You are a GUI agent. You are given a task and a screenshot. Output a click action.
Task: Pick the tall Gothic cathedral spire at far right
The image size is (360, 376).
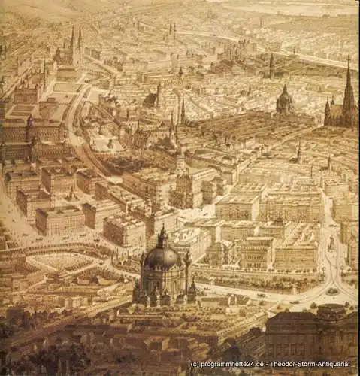pyautogui.click(x=349, y=90)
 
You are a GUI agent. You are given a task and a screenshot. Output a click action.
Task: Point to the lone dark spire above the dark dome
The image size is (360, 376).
pyautogui.click(x=271, y=66)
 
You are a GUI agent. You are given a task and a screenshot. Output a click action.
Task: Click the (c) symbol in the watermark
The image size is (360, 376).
pyautogui.click(x=195, y=364)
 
